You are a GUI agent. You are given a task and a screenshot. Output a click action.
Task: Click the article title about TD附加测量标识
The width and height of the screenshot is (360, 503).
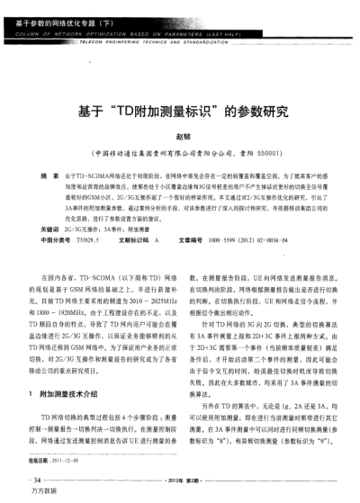(x=180, y=114)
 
